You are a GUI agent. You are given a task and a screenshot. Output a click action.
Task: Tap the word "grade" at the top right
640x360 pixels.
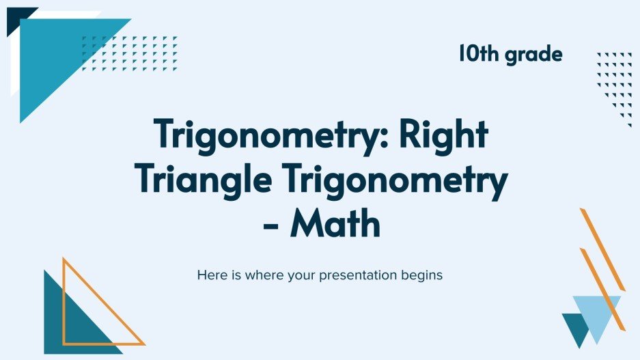click(x=533, y=55)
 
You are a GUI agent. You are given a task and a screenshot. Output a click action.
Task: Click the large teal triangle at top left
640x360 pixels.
click(x=55, y=55)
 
